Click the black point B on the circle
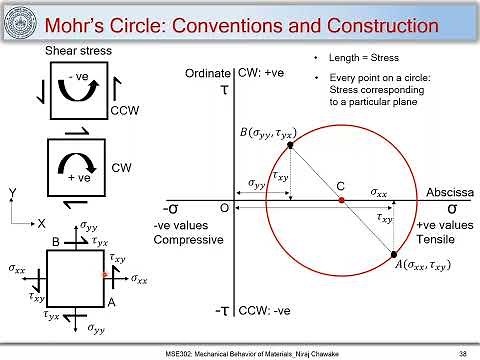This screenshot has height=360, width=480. pyautogui.click(x=291, y=145)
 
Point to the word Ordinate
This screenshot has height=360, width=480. pyautogui.click(x=207, y=74)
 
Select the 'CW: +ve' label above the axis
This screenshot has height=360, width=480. pyautogui.click(x=261, y=74)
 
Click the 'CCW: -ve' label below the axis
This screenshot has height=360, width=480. pyautogui.click(x=265, y=312)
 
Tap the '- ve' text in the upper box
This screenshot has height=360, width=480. pyautogui.click(x=74, y=76)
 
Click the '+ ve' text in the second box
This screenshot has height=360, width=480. pyautogui.click(x=73, y=176)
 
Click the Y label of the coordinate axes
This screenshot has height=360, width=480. pyautogui.click(x=12, y=192)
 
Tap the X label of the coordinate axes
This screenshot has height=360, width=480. pyautogui.click(x=38, y=223)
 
